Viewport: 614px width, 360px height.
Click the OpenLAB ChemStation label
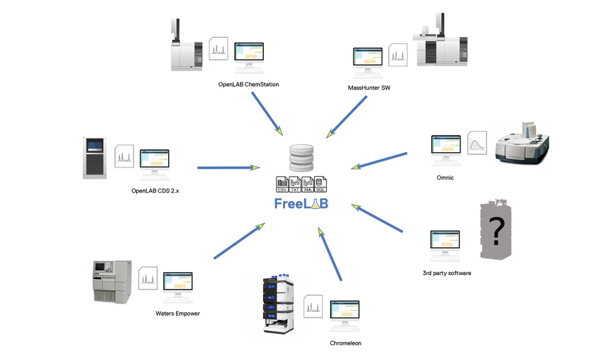click(249, 84)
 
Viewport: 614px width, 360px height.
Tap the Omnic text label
click(445, 177)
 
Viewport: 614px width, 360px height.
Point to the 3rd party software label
click(447, 273)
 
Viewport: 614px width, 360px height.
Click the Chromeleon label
click(346, 343)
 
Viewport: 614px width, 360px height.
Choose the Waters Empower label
click(177, 314)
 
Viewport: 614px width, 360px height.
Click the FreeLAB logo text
click(301, 203)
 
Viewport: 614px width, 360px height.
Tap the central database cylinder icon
click(301, 159)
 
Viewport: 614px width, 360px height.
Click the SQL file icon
click(320, 185)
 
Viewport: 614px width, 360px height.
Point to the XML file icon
click(307, 185)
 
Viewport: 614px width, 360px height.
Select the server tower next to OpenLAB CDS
click(94, 157)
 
